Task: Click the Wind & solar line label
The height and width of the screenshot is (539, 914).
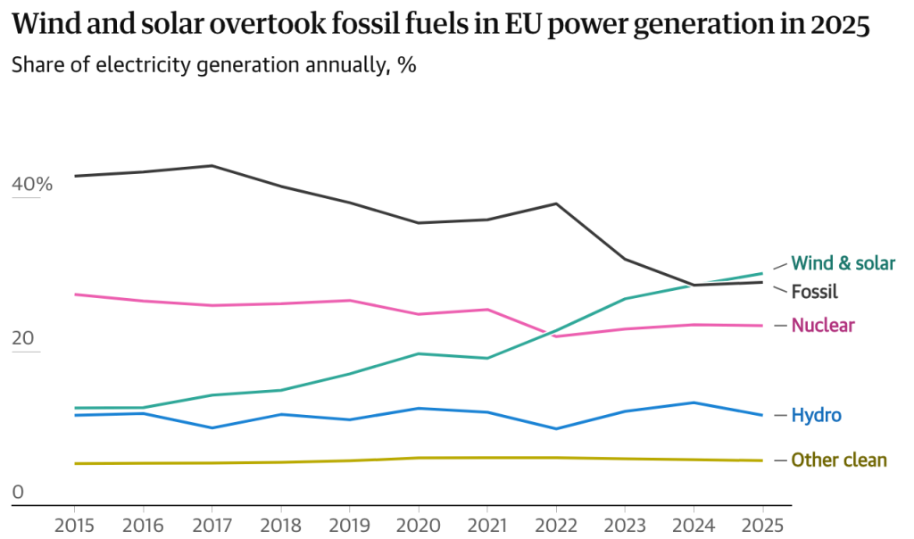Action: click(x=843, y=263)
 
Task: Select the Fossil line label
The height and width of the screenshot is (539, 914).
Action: click(x=815, y=292)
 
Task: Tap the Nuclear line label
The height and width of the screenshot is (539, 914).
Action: click(x=823, y=326)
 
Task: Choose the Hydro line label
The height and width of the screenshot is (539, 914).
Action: click(x=816, y=416)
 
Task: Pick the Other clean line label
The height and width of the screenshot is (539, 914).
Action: click(x=839, y=460)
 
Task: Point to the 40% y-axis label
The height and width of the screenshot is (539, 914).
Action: click(x=32, y=185)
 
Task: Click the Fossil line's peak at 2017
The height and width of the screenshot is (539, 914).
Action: click(x=212, y=165)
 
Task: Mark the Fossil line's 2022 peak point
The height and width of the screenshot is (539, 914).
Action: click(x=556, y=203)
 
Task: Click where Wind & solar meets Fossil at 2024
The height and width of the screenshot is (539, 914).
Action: click(x=694, y=285)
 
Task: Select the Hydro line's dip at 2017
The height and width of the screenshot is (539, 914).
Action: click(x=212, y=427)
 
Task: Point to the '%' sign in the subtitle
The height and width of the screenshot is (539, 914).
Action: click(x=407, y=65)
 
